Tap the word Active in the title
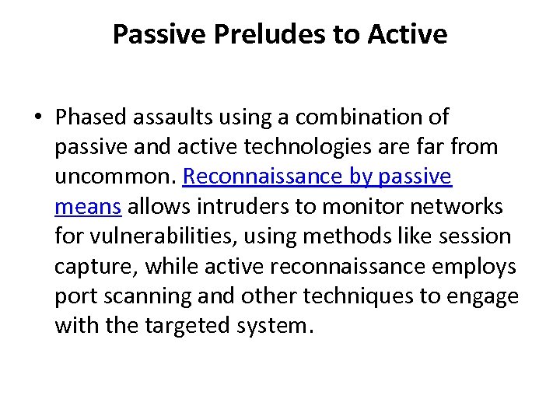click(411, 34)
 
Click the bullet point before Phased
click(38, 117)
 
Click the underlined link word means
click(88, 207)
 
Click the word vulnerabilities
click(176, 236)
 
